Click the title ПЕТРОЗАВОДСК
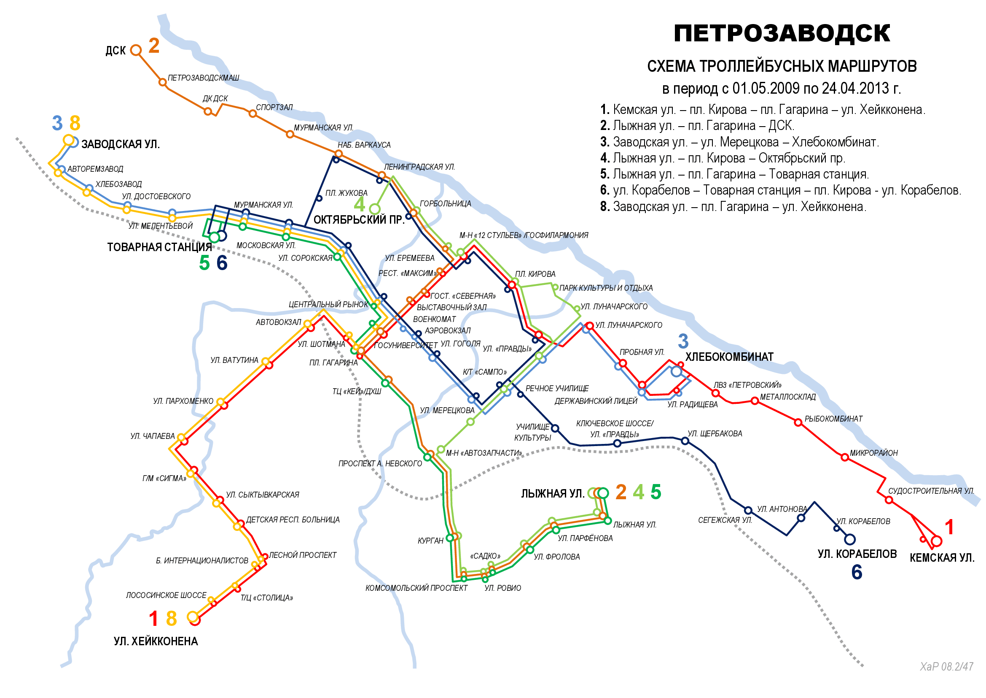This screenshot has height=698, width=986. click(782, 33)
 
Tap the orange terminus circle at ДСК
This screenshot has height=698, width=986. click(136, 50)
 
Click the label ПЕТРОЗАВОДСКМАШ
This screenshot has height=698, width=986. click(203, 78)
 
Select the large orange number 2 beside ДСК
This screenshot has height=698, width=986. click(154, 46)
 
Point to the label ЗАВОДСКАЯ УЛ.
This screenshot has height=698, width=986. click(120, 144)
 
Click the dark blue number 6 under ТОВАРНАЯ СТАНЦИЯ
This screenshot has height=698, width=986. click(222, 263)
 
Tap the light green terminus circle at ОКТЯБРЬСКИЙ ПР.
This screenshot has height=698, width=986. click(374, 209)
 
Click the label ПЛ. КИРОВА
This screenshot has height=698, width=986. click(535, 274)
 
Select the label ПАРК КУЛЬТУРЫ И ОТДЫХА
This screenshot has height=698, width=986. click(605, 288)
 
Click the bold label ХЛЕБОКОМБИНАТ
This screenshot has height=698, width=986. click(729, 357)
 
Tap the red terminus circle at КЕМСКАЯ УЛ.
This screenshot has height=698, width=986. click(937, 541)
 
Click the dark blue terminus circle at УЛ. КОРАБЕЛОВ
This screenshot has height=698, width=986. click(849, 539)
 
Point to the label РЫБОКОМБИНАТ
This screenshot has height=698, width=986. click(833, 419)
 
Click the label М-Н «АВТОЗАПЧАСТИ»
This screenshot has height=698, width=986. click(484, 453)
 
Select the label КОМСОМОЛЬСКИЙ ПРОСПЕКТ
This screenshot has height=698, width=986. click(416, 588)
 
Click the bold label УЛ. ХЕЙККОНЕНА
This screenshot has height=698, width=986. click(156, 642)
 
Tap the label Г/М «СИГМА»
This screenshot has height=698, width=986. click(164, 479)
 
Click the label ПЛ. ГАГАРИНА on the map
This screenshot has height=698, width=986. click(333, 363)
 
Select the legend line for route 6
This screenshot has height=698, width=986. click(780, 190)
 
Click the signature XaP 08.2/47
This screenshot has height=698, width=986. click(946, 667)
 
